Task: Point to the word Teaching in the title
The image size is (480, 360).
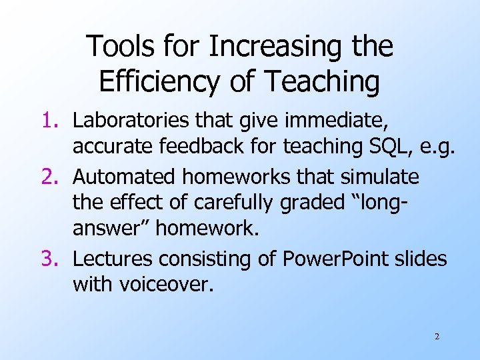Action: (323, 81)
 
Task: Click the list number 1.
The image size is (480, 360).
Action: (54, 121)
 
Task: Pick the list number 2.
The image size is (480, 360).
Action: (54, 177)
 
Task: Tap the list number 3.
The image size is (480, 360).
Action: (54, 259)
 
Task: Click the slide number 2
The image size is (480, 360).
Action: (437, 337)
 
